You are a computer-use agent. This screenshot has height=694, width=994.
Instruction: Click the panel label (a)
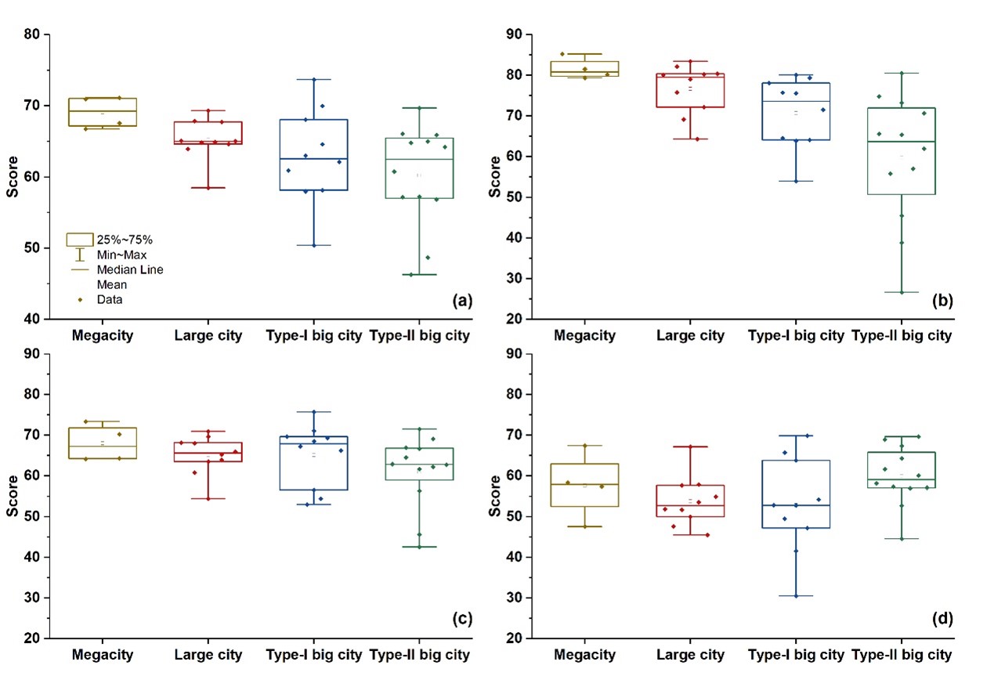460,300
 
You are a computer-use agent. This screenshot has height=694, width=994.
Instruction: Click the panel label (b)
942,300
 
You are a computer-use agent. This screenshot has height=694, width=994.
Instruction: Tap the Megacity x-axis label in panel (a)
102,337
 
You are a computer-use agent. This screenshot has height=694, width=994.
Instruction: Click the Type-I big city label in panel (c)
314,655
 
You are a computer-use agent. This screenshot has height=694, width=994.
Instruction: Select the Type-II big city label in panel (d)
902,655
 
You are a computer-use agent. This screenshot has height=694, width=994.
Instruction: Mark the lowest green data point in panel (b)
902,292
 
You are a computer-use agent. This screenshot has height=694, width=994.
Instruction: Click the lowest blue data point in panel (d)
796,595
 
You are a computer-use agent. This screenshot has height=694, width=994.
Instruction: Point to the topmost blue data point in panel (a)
313,79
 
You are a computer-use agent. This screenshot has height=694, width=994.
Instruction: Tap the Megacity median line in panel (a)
102,111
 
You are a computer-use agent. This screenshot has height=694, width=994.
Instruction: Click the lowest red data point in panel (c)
208,498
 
